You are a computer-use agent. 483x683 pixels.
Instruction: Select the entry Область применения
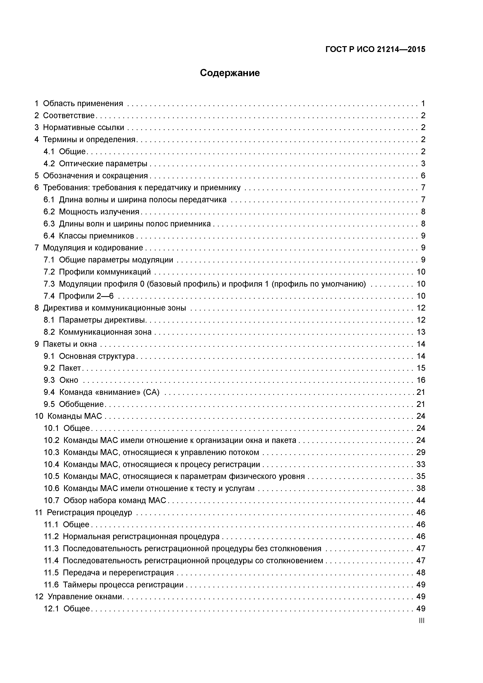click(83, 104)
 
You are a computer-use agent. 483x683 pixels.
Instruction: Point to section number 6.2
click(49, 212)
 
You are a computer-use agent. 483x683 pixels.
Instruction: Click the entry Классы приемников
click(96, 236)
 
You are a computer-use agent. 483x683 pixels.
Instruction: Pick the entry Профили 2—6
click(86, 296)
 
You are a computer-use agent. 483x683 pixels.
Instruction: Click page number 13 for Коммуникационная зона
click(421, 332)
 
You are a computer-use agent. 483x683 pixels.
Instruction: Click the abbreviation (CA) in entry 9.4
click(151, 392)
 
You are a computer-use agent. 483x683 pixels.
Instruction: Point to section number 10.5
click(51, 476)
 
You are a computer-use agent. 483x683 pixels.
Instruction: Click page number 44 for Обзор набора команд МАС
click(421, 500)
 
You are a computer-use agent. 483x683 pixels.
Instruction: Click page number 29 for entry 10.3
click(421, 452)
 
